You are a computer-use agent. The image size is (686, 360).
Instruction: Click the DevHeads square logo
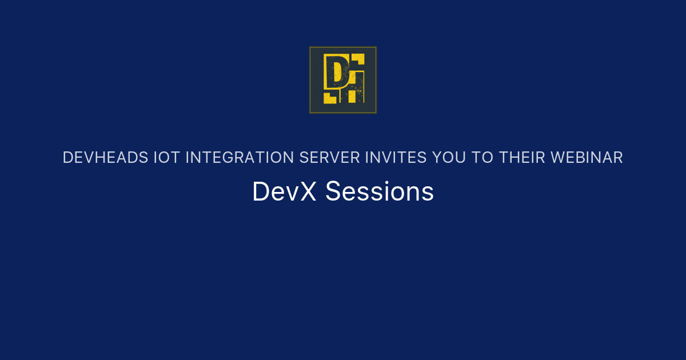(x=343, y=80)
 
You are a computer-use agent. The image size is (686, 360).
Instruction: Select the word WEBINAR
(x=585, y=158)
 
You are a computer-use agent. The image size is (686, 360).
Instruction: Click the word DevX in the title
(x=284, y=192)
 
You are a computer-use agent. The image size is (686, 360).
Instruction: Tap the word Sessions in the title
(x=380, y=192)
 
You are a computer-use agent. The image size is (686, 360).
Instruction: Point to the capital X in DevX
(x=308, y=192)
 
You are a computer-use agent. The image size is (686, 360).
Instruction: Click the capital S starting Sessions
(x=332, y=192)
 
